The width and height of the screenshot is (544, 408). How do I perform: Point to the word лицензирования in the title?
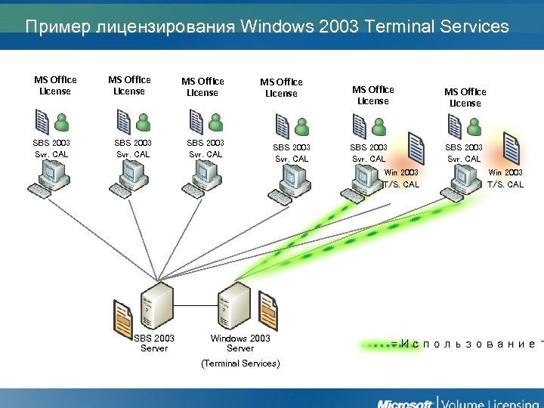coord(165,27)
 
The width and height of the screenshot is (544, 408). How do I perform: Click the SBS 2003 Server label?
coord(154,343)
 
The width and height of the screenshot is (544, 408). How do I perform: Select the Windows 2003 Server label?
coord(240,343)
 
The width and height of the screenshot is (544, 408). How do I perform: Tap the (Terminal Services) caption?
coord(240,363)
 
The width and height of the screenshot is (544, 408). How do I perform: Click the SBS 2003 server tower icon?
coord(156,304)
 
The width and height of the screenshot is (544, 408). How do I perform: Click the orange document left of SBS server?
coord(123,317)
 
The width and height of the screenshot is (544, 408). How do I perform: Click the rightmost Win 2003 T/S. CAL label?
coord(505,178)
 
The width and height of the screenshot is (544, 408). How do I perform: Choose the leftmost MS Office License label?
coord(55,85)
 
